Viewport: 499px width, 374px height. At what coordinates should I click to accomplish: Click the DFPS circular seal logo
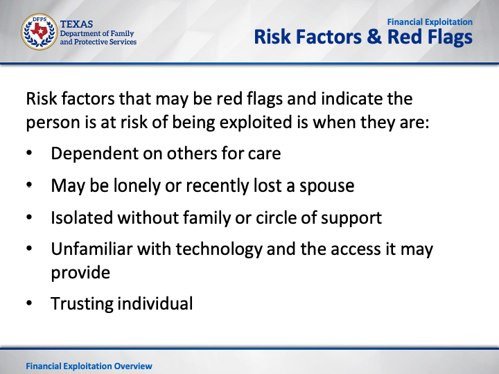(39, 32)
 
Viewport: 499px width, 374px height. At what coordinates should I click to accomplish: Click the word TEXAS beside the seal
(76, 24)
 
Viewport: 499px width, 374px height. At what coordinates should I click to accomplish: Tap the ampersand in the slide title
(374, 37)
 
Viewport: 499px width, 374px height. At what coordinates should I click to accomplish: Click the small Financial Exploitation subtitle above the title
(430, 22)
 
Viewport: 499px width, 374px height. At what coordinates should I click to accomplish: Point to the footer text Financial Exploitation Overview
(89, 366)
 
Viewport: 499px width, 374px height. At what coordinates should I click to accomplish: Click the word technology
(219, 249)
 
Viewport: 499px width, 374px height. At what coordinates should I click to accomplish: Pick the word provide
(80, 274)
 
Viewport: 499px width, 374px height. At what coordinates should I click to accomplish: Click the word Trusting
(82, 304)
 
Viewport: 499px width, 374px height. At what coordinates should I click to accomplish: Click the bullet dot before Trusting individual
(29, 303)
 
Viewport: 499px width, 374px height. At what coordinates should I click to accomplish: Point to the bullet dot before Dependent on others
(29, 153)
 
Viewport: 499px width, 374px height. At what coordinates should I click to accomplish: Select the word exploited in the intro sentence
(256, 123)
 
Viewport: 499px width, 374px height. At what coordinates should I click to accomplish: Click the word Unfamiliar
(91, 249)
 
